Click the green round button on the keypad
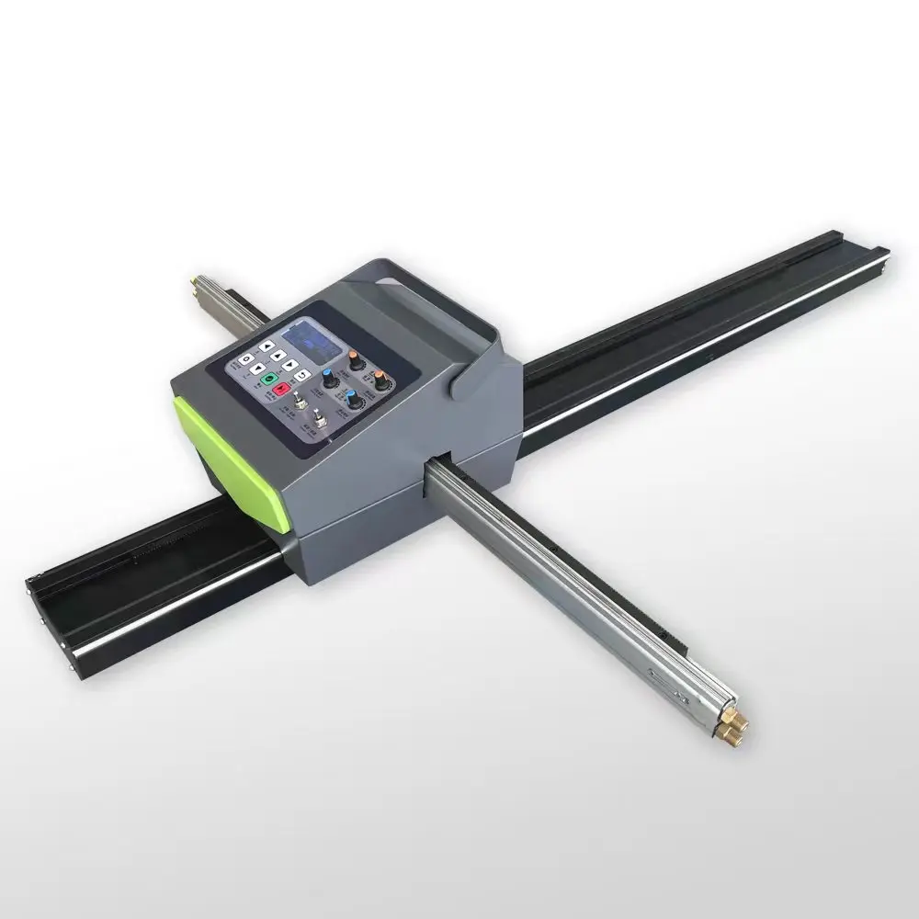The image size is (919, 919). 269,379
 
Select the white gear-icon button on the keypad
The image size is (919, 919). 246,359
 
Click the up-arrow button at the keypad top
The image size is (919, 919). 267,346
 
